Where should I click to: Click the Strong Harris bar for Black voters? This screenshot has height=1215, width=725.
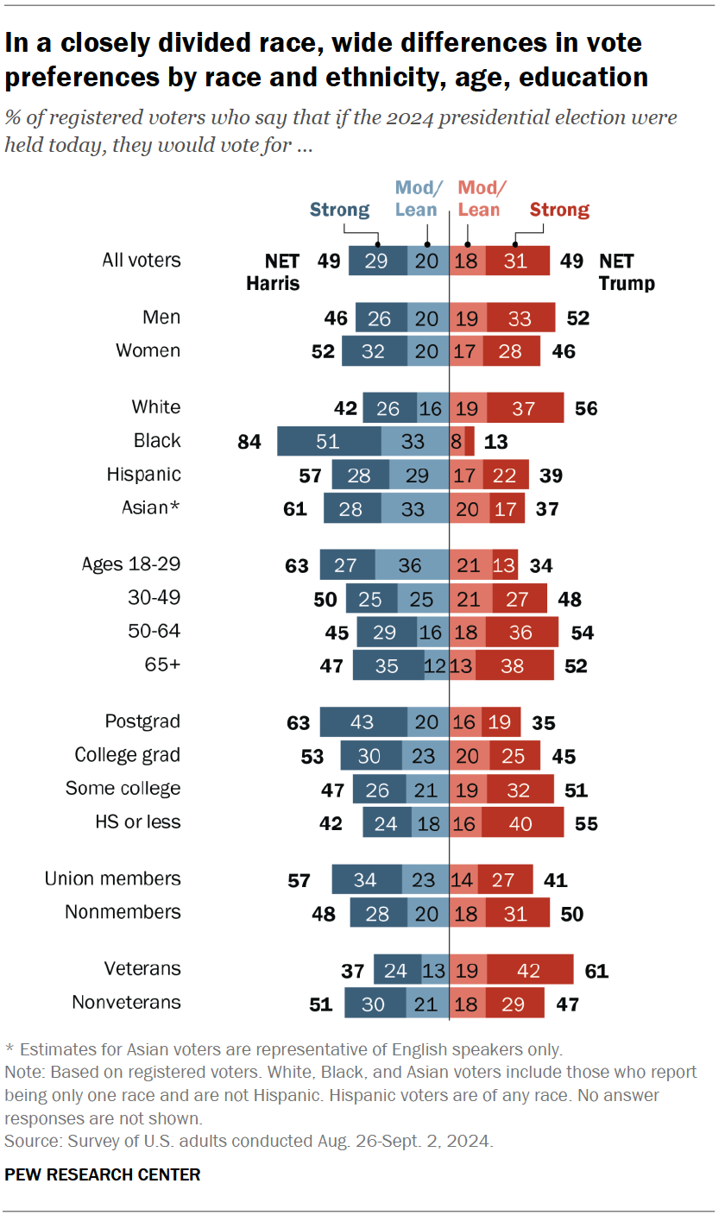(x=329, y=441)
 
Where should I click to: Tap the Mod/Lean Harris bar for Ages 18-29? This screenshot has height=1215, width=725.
(x=412, y=564)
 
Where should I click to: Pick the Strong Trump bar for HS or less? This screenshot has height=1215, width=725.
(x=521, y=822)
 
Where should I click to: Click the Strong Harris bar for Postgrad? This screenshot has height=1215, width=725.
(x=363, y=721)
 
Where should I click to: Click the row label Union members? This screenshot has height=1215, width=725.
(x=112, y=878)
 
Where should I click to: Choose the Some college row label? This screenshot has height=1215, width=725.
(x=123, y=789)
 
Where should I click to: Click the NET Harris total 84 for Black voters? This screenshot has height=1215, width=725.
(x=249, y=442)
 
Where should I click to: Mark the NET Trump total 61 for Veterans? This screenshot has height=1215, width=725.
(x=596, y=970)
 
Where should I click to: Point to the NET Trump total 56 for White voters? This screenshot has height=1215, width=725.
(x=586, y=408)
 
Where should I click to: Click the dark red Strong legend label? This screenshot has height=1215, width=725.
(x=559, y=210)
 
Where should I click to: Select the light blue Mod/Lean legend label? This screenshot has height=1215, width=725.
(x=419, y=198)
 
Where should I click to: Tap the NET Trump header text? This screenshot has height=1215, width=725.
(x=627, y=272)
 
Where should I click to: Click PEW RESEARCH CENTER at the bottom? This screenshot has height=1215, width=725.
(x=103, y=1174)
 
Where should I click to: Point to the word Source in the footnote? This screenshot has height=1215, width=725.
(x=30, y=1140)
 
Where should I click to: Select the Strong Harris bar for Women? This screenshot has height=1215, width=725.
(x=374, y=351)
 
